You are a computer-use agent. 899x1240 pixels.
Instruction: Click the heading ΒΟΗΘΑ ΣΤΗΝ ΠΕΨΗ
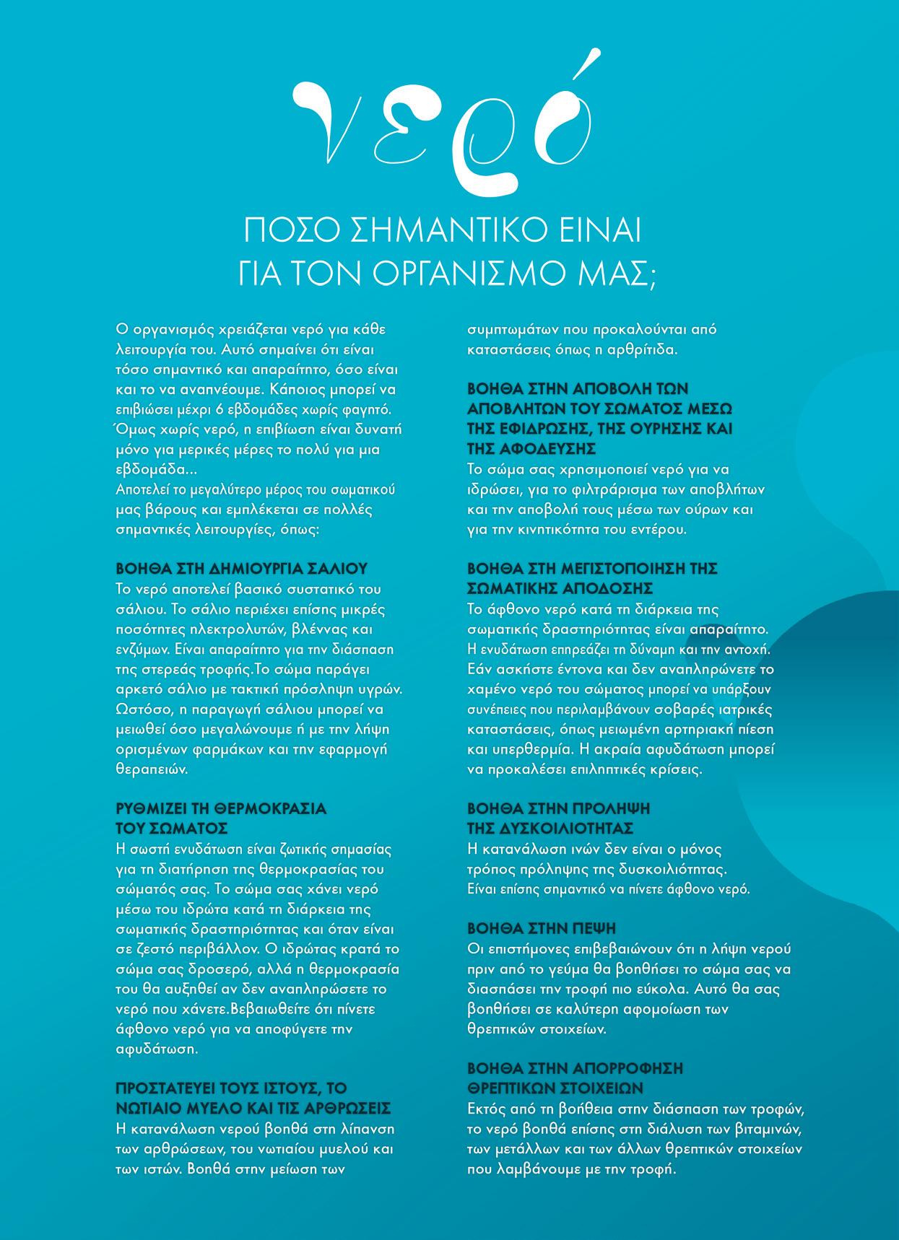pyautogui.click(x=541, y=927)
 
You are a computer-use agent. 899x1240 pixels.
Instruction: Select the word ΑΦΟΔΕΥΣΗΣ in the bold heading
pyautogui.click(x=541, y=448)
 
